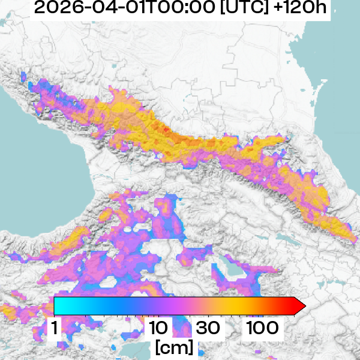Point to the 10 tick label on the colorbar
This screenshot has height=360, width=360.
(158, 328)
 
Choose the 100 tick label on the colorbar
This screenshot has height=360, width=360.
(262, 328)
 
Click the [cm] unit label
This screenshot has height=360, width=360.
(174, 347)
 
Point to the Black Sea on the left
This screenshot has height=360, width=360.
(36, 174)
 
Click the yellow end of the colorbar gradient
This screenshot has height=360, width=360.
(240, 306)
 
